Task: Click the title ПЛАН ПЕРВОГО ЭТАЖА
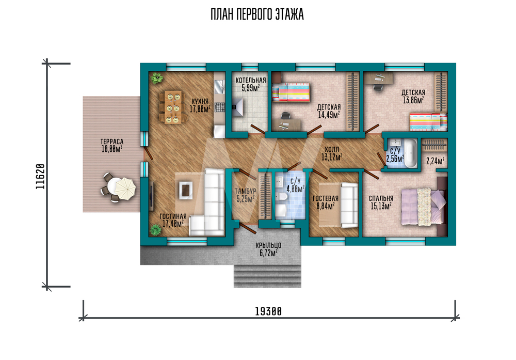point(257,14)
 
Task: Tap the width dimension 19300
point(268,311)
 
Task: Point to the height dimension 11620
point(40,176)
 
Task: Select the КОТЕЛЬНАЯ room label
point(251,80)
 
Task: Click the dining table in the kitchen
point(173,107)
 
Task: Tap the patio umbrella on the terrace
point(125,189)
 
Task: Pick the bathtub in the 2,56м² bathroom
point(410,153)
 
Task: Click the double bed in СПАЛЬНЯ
point(424,207)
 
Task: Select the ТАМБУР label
point(245,191)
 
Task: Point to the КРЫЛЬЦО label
point(268,245)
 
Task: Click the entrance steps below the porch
point(267,276)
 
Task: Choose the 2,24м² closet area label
point(435,161)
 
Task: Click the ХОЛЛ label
point(332,150)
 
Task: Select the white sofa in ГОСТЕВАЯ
point(349,206)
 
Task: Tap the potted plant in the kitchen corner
point(157,78)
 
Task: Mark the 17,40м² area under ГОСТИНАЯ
point(173,224)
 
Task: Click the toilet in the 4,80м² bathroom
point(281,197)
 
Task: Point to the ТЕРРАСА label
point(112,142)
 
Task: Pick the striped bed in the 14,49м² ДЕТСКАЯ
point(290,92)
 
